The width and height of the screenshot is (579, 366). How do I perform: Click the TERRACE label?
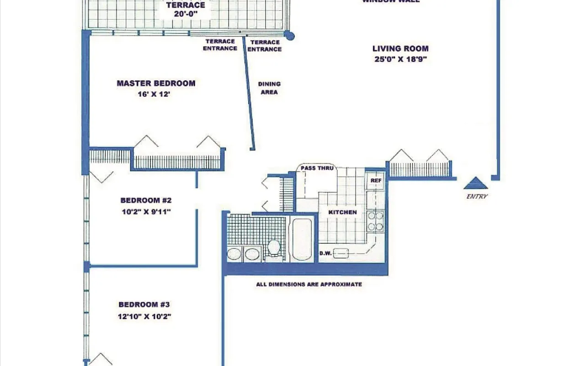tap(186, 5)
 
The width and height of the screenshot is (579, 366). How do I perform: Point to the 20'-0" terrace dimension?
tap(186, 14)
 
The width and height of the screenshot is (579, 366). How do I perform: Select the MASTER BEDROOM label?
tap(156, 83)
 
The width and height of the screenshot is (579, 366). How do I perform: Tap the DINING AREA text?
tap(269, 88)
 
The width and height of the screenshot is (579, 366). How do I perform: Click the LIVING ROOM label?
tap(400, 48)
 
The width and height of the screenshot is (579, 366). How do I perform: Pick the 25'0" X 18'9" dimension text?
tap(400, 59)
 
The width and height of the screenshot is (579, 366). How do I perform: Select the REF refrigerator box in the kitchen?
tap(376, 181)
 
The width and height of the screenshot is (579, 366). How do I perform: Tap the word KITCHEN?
tap(342, 212)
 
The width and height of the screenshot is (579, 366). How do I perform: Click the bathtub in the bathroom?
tap(302, 239)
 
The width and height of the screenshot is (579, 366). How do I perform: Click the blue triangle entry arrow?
tap(476, 183)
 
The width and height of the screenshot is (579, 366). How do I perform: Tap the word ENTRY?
tap(477, 196)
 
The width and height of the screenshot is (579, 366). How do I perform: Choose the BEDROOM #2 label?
tap(146, 200)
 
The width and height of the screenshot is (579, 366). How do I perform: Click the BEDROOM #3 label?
tap(144, 305)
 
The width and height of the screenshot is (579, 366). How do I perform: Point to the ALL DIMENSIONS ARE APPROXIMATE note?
tap(309, 284)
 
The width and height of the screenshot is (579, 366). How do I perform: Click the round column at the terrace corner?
tap(289, 36)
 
